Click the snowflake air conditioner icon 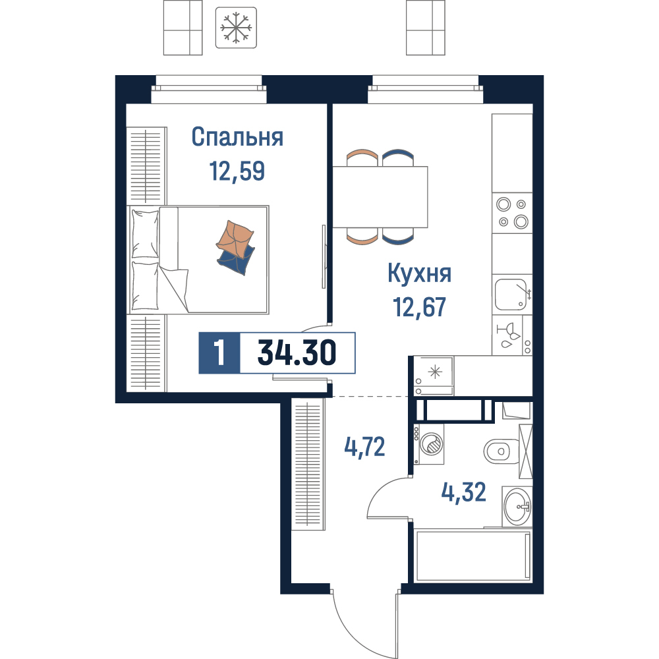click(236, 27)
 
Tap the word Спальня click(237, 137)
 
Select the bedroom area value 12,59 click(237, 171)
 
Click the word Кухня click(419, 273)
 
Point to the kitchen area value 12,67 click(419, 307)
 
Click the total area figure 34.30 click(297, 353)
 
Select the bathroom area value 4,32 click(463, 492)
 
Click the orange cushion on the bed click(235, 239)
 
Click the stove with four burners click(512, 213)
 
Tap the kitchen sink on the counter click(511, 295)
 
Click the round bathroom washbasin click(517, 506)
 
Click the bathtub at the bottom click(473, 556)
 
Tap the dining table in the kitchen click(380, 197)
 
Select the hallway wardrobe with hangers click(308, 465)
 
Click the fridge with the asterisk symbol click(434, 376)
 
